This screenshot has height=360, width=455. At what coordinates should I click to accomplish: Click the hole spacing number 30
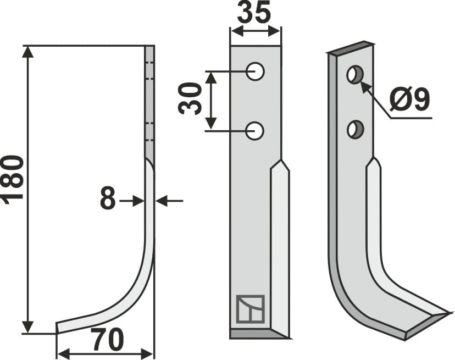coord(189,99)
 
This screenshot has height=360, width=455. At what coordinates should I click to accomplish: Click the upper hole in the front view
coord(256,71)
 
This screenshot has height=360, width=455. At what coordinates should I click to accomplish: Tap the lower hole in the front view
coord(256,130)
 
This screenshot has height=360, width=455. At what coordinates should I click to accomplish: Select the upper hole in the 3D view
coord(354,74)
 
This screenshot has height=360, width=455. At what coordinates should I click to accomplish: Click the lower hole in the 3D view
coord(354,130)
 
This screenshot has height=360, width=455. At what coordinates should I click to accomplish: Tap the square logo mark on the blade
coord(250,309)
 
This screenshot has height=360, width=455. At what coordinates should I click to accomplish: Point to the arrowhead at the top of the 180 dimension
coord(28,52)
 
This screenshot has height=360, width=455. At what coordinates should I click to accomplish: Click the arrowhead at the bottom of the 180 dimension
coord(28,328)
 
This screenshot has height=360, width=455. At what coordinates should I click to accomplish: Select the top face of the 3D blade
coord(352,47)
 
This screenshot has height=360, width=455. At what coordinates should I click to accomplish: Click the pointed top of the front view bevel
coord(281,162)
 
